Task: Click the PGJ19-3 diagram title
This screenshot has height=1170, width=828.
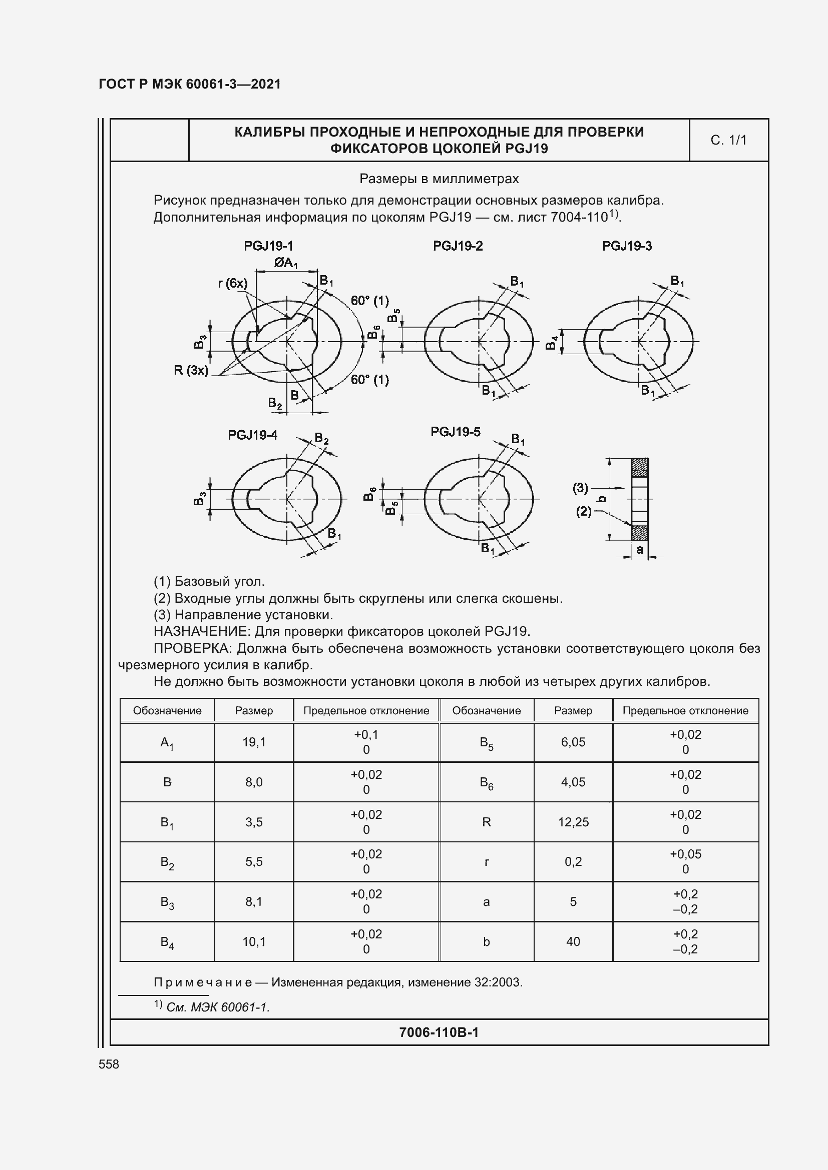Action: coord(627,246)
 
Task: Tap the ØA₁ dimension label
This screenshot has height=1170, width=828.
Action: coord(285,263)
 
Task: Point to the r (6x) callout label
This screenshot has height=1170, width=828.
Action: coord(232,283)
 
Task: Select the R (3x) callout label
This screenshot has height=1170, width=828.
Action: coord(191,371)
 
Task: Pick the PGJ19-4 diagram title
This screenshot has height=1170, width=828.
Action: coord(252,435)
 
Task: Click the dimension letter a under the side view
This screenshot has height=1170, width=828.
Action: coord(639,549)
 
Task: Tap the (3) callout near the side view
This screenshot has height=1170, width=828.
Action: coord(580,488)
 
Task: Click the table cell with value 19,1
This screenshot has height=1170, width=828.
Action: coord(254,742)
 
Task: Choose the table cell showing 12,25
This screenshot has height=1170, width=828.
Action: coord(573,822)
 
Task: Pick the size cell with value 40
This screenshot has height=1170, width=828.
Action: coord(573,942)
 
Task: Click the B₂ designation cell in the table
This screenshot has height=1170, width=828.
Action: coord(167,862)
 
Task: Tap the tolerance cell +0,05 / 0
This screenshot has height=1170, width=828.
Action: coord(685,862)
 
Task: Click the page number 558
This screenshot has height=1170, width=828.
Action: coord(109,1064)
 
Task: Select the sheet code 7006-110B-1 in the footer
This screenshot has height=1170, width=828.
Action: coord(439,1032)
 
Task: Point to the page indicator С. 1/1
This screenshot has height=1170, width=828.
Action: coord(728,140)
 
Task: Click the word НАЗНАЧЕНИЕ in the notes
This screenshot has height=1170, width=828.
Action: coord(201,631)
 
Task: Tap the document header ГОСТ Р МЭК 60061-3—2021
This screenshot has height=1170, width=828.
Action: coord(190,84)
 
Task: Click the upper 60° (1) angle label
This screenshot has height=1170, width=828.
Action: coord(369,301)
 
